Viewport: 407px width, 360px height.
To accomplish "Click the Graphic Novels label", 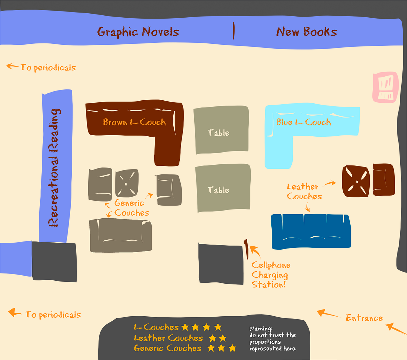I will pyautogui.click(x=138, y=32).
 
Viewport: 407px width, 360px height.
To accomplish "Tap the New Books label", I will pyautogui.click(x=307, y=32).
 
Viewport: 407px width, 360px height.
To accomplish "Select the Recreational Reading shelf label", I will pyautogui.click(x=54, y=168).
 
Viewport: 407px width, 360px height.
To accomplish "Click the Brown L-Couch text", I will pyautogui.click(x=134, y=122).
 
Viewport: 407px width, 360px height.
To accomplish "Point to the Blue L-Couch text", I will pyautogui.click(x=303, y=122).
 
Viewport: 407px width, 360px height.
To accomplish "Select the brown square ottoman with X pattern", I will pyautogui.click(x=355, y=181).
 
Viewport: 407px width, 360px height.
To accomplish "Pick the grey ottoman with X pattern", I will pyautogui.click(x=127, y=183).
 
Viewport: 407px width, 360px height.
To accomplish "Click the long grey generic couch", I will pyautogui.click(x=120, y=235).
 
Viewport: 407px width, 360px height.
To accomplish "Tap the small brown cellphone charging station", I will pyautogui.click(x=246, y=248).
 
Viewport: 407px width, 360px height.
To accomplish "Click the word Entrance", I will pyautogui.click(x=364, y=318).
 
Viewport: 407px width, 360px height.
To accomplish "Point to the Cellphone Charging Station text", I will pyautogui.click(x=270, y=275).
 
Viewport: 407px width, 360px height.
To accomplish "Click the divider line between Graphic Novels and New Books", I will pyautogui.click(x=233, y=31).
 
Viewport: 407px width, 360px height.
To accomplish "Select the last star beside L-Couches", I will pyautogui.click(x=218, y=327).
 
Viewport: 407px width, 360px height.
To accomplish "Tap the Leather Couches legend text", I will pyautogui.click(x=168, y=338).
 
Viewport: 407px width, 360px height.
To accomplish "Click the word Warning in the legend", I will pyautogui.click(x=260, y=328).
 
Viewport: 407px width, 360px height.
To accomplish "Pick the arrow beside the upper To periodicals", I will pyautogui.click(x=12, y=66).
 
